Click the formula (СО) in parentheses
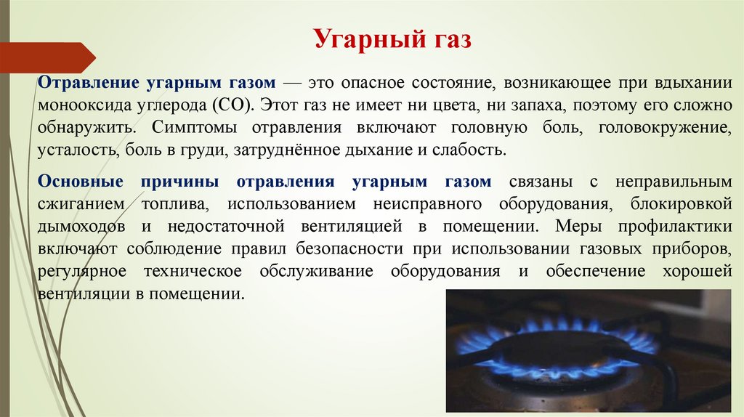pyautogui.click(x=232, y=104)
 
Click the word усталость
pyautogui.click(x=72, y=151)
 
